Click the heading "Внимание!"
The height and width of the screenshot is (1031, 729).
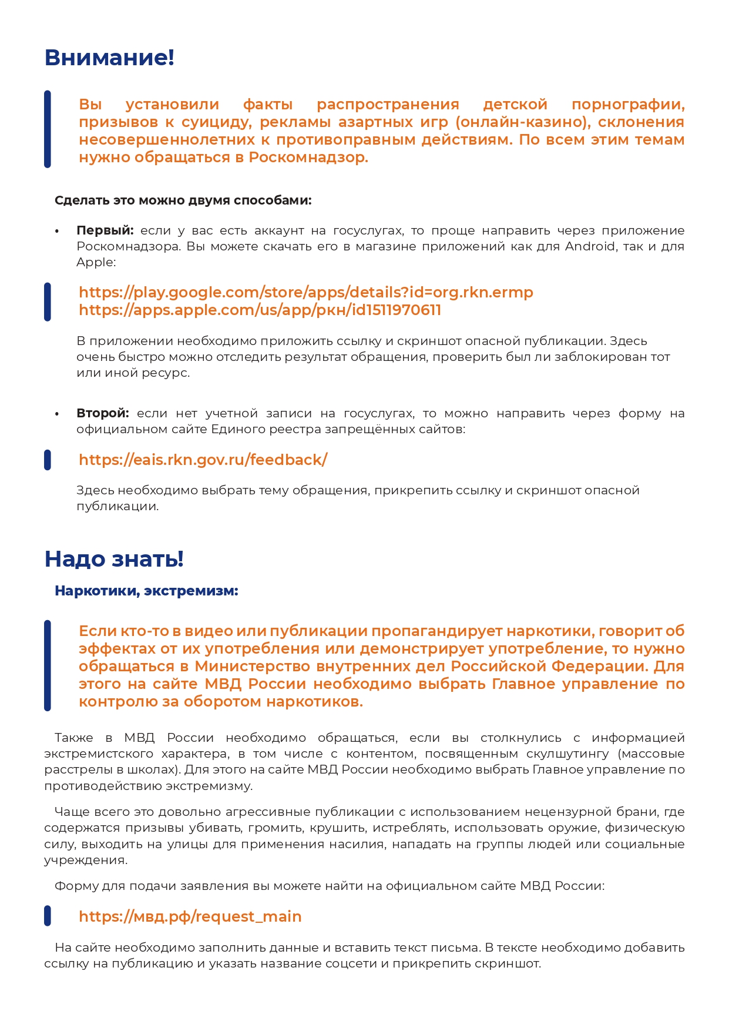pos(109,58)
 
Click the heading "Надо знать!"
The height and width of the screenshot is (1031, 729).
pos(114,558)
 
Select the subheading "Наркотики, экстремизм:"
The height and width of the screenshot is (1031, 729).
pos(146,591)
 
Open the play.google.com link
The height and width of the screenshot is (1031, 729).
pos(305,292)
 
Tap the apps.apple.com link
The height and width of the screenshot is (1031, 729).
pos(260,310)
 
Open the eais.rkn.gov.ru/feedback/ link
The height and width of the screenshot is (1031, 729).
pos(203,460)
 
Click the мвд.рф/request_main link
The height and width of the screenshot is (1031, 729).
pos(190,916)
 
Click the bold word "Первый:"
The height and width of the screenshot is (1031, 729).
pos(105,230)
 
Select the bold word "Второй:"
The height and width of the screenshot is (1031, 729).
pos(103,413)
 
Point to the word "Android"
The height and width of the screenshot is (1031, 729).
pos(591,246)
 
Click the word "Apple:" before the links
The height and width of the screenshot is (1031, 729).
pos(96,262)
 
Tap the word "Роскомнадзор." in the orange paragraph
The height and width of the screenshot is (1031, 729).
pos(308,158)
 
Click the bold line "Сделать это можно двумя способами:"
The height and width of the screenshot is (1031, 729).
pos(183,200)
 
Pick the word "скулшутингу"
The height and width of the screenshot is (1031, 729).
pos(567,754)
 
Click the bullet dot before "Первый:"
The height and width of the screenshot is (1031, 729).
pos(57,231)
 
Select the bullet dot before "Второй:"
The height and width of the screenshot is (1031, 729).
pos(57,414)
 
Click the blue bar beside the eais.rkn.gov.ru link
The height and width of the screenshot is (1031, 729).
pos(48,460)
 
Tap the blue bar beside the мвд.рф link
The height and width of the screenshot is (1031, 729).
pos(48,916)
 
